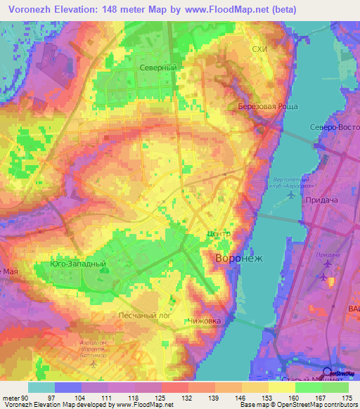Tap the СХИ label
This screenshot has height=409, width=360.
coord(260,48)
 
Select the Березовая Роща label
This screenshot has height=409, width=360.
coord(268,107)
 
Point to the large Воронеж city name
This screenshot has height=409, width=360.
coord(238,258)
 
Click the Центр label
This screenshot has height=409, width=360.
coord(219,234)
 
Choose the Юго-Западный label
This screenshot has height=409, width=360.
coord(78,264)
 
